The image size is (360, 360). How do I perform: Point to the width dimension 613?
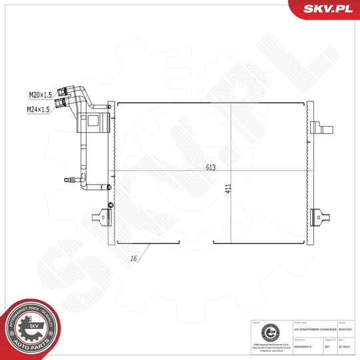pos(211,168)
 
